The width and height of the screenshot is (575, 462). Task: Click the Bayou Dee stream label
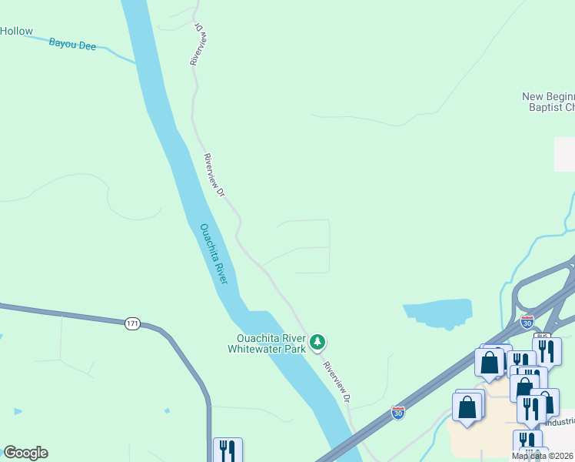72,45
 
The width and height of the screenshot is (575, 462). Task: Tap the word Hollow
16,32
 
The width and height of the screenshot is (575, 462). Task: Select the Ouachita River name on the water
214,253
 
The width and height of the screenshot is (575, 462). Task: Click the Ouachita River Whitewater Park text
267,343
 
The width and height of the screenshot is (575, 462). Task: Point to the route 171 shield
132,323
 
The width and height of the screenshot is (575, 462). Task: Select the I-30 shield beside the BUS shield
527,322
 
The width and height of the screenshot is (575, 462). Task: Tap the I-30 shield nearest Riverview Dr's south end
398,413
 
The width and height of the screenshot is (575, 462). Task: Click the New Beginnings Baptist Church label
548,102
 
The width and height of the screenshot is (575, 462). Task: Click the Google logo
25,453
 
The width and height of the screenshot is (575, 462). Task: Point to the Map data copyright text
543,456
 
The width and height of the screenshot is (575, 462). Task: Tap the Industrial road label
560,422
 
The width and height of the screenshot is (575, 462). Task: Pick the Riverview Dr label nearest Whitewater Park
337,382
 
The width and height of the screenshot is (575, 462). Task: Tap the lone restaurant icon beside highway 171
228,450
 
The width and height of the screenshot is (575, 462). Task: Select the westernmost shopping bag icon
467,406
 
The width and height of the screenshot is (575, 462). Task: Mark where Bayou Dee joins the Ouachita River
136,62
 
